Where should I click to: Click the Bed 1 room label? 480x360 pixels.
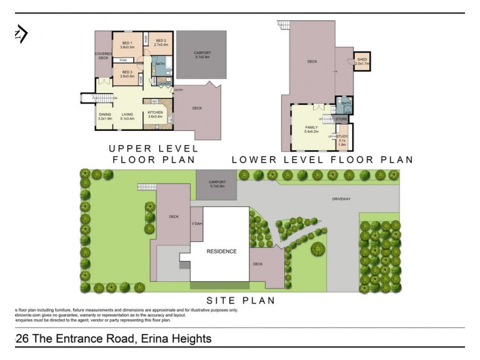127,45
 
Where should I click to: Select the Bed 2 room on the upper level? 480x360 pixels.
160,43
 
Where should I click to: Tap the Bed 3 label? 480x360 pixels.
127,74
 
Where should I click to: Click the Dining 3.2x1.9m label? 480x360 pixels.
106,116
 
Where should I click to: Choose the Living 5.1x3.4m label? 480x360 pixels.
127,116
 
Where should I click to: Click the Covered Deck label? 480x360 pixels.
103,56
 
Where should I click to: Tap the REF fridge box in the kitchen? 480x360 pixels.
154,101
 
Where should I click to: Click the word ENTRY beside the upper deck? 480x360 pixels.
179,90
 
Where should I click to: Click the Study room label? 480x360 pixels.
342,140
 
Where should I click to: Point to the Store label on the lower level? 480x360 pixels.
341,119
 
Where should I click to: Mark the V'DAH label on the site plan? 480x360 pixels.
196,224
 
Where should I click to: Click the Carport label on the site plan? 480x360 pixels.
217,184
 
